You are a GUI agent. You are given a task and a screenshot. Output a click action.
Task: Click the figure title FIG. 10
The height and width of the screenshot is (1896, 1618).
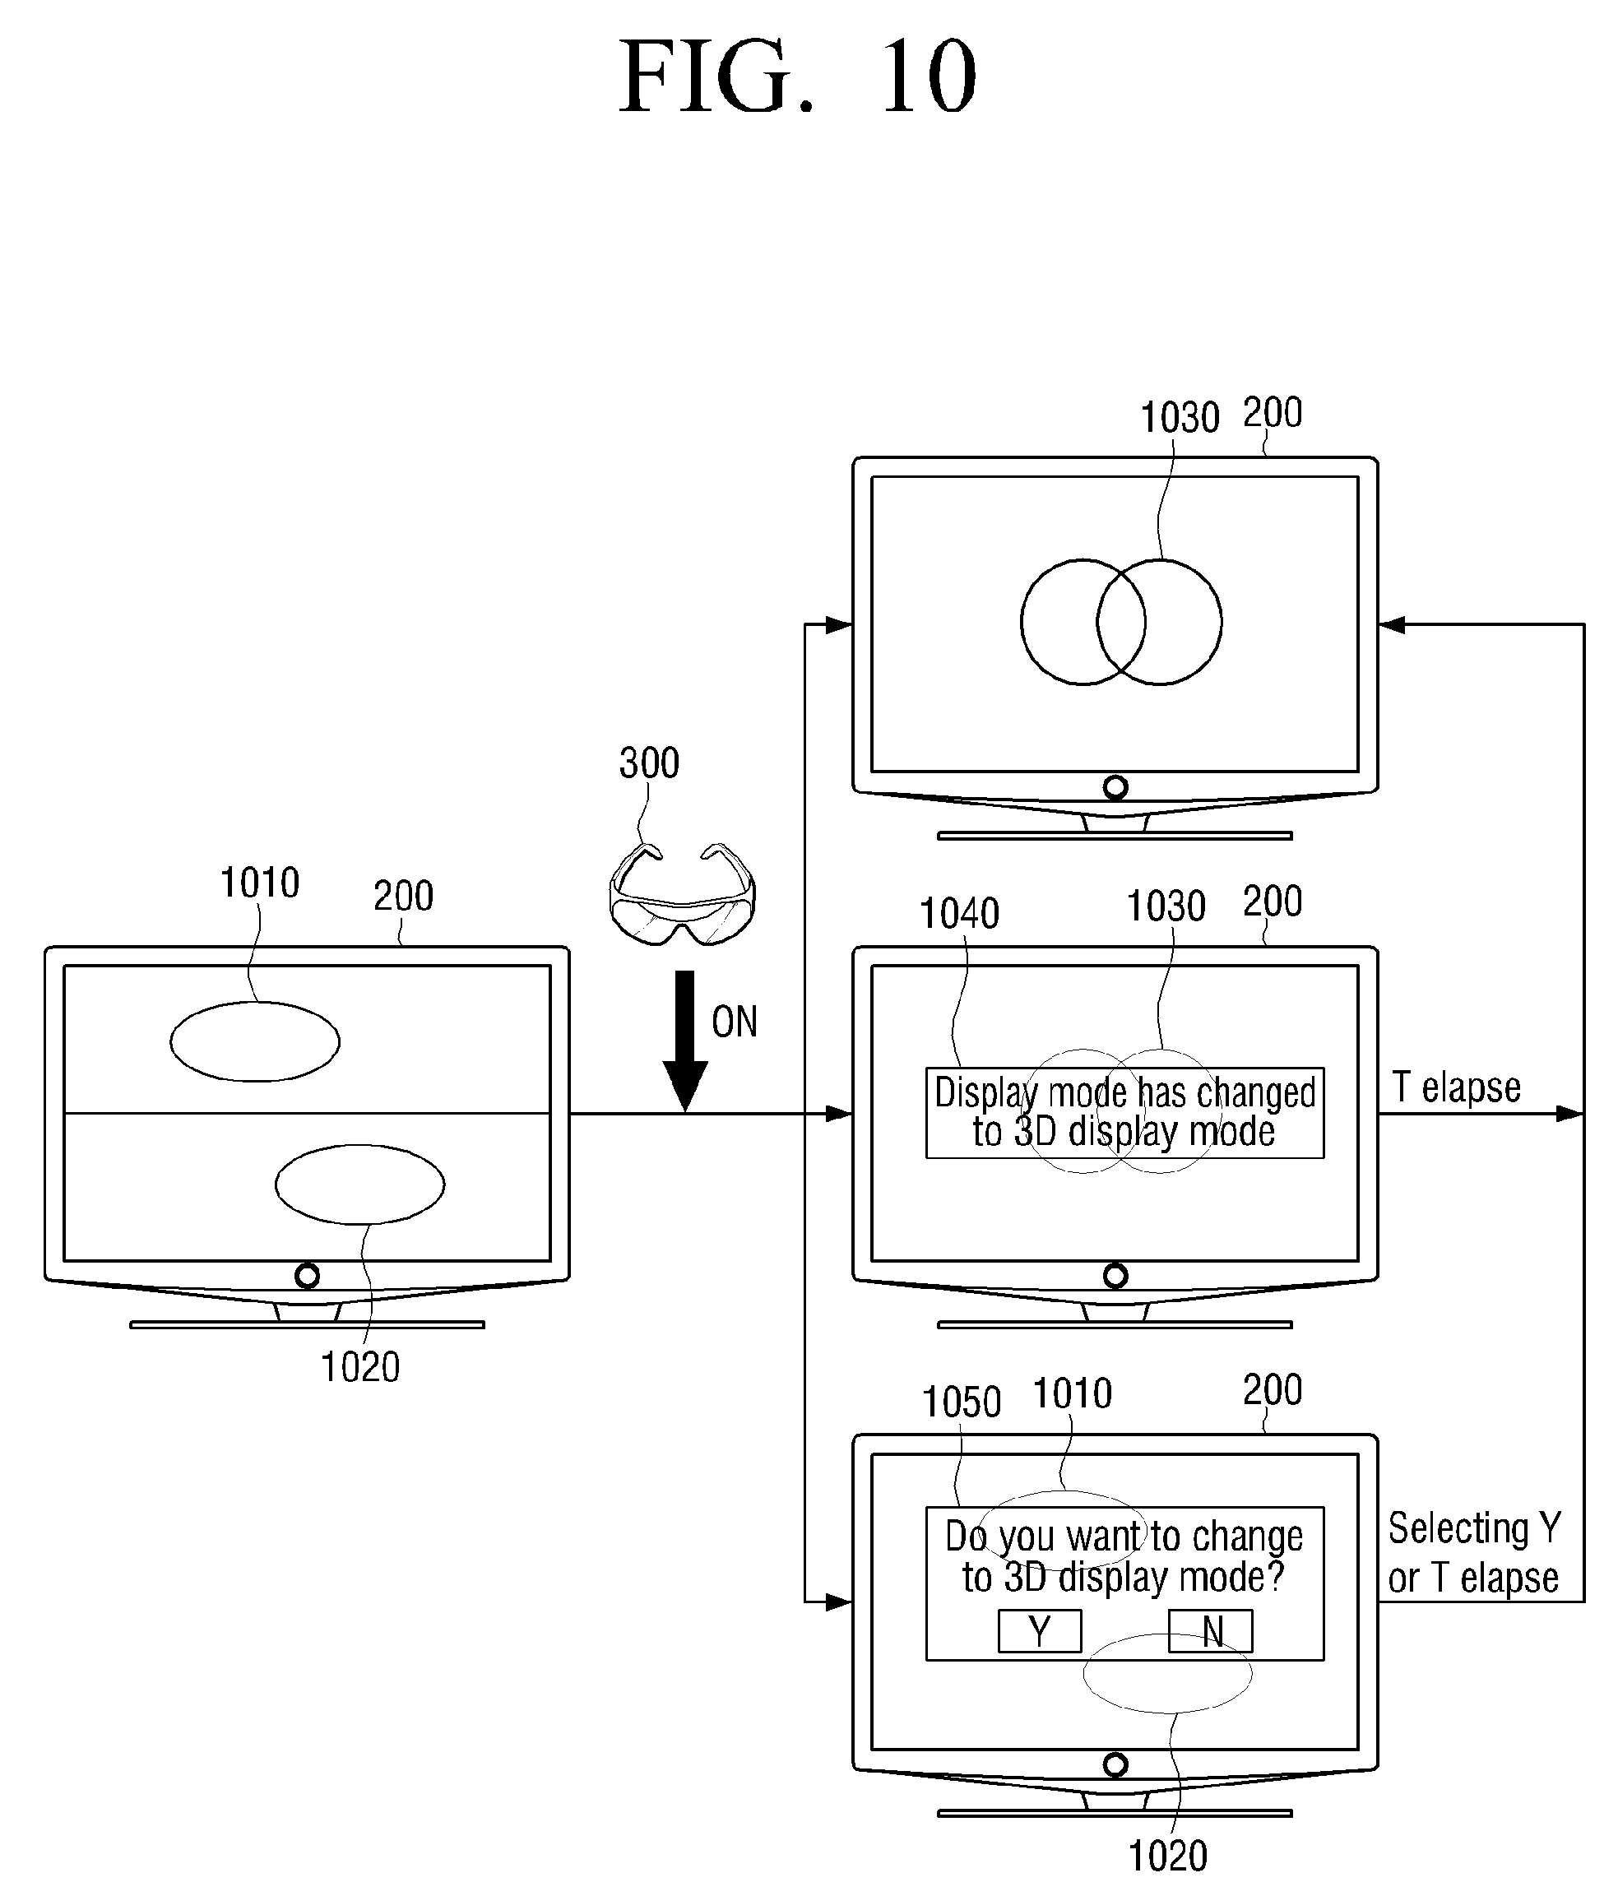798,78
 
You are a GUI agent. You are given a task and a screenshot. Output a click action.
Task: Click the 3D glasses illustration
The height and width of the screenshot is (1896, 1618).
682,895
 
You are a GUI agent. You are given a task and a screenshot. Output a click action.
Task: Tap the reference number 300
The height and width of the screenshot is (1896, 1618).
649,763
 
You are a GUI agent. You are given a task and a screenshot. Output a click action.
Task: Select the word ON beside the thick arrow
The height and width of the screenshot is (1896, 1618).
734,1022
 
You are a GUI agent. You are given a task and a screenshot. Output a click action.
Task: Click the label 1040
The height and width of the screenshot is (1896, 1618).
958,913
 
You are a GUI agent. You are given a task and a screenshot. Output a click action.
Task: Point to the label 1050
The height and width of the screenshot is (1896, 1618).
961,1402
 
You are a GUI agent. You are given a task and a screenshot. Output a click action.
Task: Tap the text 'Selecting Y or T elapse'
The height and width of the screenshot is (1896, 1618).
1473,1553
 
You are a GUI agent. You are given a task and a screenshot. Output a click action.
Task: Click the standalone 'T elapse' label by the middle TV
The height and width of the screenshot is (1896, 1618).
1456,1087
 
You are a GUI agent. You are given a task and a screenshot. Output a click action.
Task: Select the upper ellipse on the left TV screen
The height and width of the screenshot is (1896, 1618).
254,1041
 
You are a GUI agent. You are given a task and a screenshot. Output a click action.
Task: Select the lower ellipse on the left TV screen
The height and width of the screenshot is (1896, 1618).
359,1184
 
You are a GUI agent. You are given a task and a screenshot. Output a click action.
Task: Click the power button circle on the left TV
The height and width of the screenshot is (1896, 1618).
308,1276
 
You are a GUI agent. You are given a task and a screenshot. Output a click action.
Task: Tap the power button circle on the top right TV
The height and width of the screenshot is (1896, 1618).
1115,787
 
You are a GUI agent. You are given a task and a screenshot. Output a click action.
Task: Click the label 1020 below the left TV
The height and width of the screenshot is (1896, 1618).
359,1367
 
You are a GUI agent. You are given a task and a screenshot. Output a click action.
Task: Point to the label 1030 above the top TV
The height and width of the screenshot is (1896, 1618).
1179,418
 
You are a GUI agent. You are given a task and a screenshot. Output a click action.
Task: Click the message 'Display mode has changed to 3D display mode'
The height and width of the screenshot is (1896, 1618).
1124,1112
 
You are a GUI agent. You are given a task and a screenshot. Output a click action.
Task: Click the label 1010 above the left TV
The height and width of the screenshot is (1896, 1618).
259,883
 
